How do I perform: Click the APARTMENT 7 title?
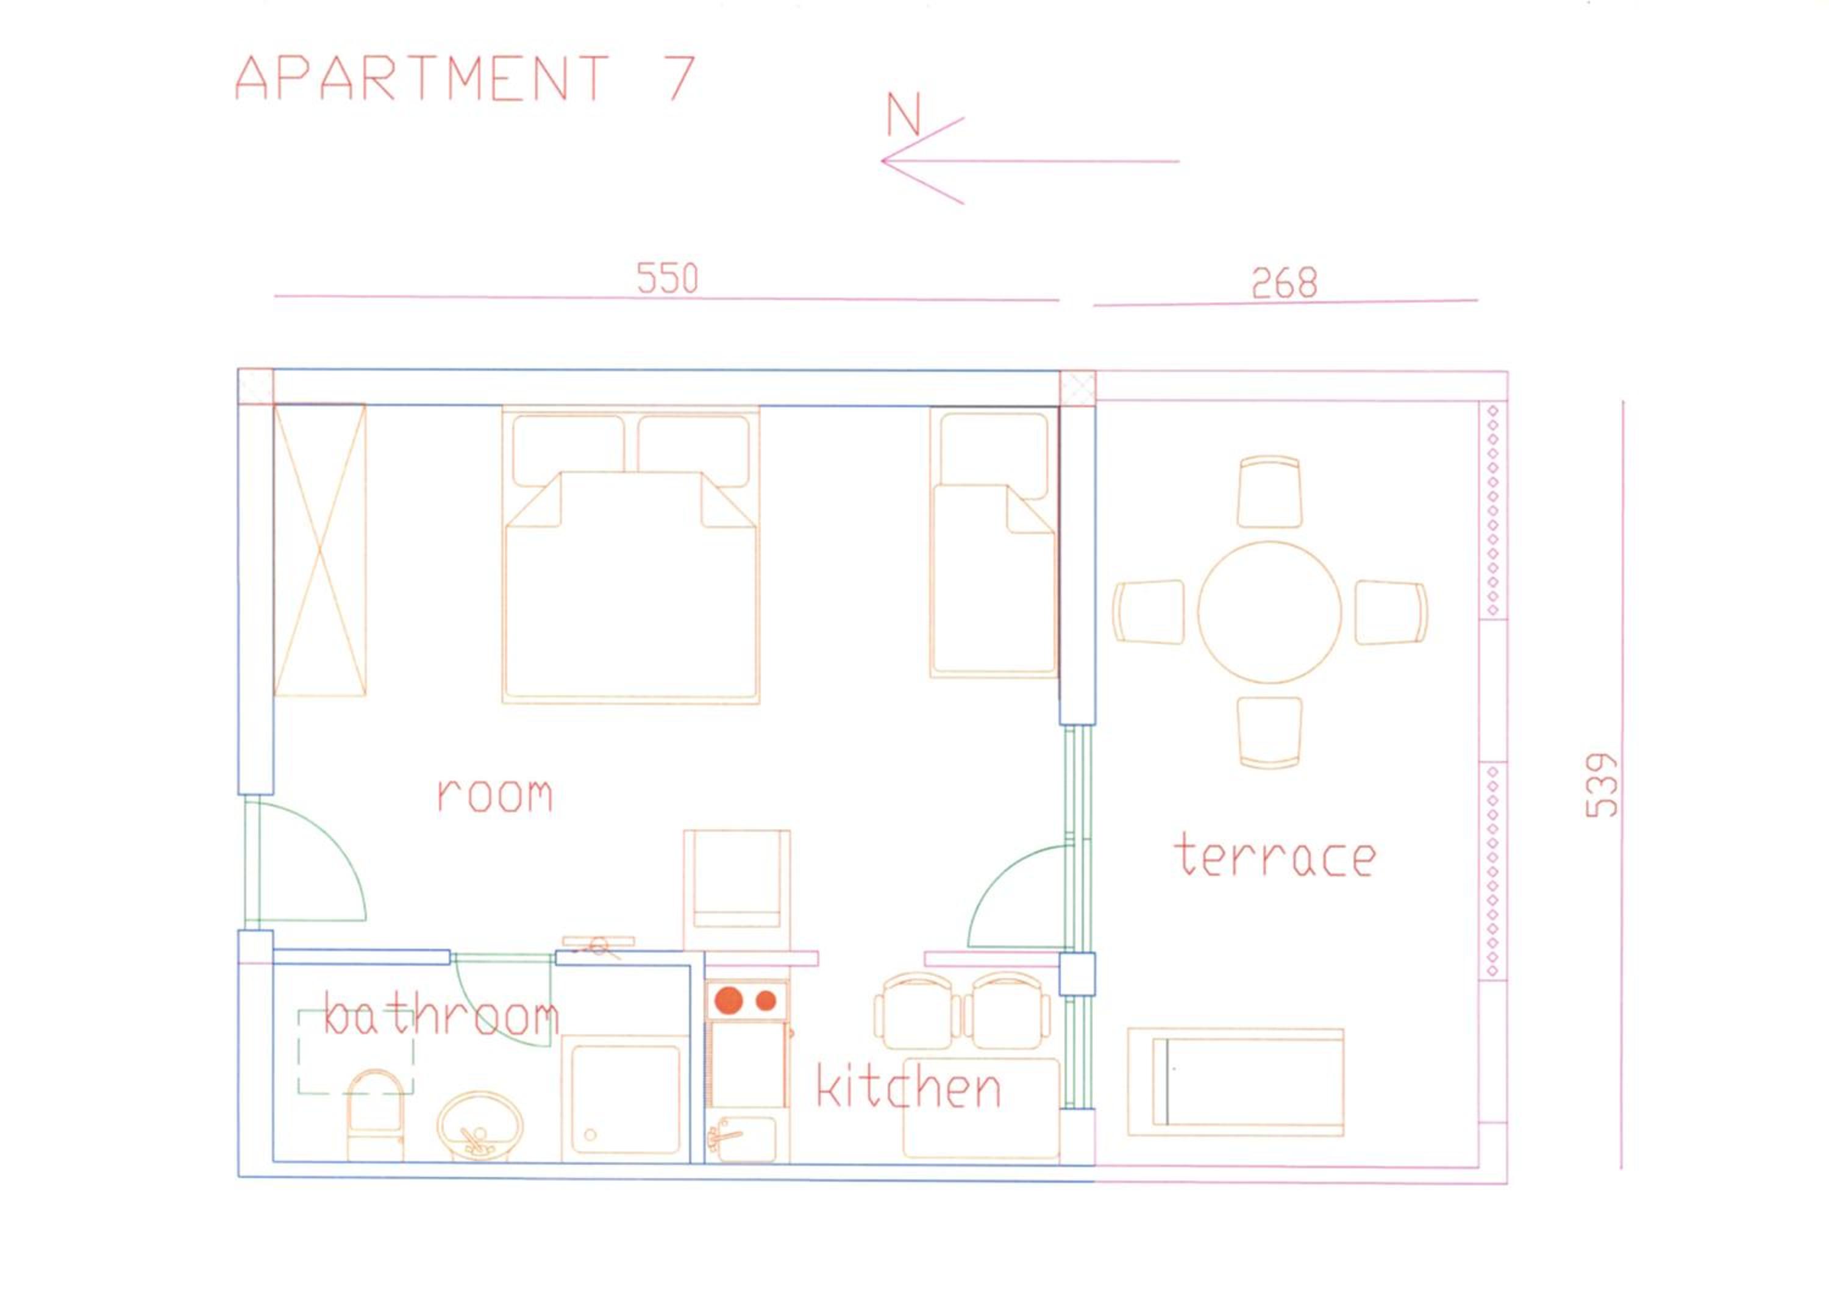[x=465, y=78]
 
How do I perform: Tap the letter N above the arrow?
[x=904, y=114]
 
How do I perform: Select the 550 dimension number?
[x=668, y=278]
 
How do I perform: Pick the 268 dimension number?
[x=1284, y=283]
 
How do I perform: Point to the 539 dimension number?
[x=1602, y=785]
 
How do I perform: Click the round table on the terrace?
[x=1270, y=612]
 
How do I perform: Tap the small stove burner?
[x=766, y=1000]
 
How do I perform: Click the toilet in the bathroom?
[x=375, y=1115]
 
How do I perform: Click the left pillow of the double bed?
[x=568, y=450]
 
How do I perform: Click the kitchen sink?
[x=741, y=1140]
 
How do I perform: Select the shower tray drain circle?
[x=590, y=1134]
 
